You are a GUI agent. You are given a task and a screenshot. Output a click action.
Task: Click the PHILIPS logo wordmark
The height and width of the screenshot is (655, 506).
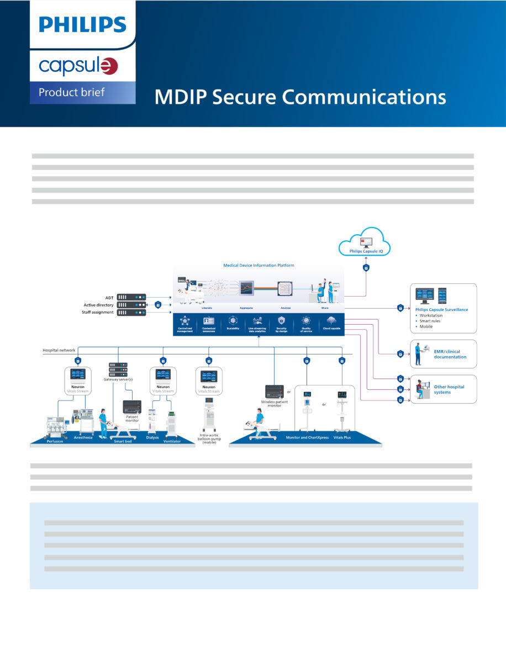(x=82, y=24)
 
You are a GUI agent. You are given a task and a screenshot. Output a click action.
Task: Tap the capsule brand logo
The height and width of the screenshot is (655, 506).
(x=78, y=66)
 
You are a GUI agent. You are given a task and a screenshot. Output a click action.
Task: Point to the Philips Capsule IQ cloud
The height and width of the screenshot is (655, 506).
(x=365, y=243)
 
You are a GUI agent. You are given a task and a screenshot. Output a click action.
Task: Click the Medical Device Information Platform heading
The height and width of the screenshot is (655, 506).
(x=259, y=265)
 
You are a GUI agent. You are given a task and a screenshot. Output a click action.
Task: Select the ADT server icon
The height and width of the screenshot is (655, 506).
(x=131, y=297)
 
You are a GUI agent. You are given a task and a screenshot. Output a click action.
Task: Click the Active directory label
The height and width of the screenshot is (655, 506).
(x=98, y=305)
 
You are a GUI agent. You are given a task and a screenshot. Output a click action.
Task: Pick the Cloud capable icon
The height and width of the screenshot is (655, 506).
(x=331, y=321)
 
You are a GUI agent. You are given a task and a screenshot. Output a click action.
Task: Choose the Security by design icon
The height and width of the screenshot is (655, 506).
(x=281, y=321)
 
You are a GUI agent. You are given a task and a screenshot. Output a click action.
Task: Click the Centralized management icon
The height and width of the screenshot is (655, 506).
(x=185, y=321)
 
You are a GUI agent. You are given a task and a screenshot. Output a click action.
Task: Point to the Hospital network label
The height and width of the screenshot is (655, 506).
(x=60, y=350)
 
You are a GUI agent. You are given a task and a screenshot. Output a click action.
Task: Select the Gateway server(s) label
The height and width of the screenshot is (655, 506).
(x=118, y=379)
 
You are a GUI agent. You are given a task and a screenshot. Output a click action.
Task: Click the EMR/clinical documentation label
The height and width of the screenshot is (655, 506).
(x=450, y=354)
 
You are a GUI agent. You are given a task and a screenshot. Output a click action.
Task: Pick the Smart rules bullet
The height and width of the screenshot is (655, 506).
(x=431, y=321)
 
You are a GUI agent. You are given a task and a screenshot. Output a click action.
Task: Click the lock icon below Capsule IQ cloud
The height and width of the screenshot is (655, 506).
(x=366, y=268)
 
